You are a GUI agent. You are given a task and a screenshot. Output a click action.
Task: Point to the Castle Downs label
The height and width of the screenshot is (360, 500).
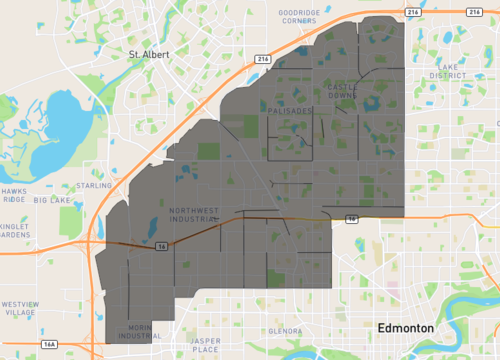pyautogui.click(x=342, y=91)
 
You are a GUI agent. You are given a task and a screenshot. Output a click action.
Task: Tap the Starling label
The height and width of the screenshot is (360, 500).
pyautogui.click(x=93, y=185)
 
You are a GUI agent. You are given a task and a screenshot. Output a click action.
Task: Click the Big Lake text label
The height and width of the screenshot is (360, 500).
pyautogui.click(x=53, y=200)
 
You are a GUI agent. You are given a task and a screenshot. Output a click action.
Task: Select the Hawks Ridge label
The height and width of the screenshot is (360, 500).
pyautogui.click(x=14, y=195)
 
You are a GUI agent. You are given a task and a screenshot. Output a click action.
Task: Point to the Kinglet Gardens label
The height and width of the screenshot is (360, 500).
pyautogui.click(x=16, y=231)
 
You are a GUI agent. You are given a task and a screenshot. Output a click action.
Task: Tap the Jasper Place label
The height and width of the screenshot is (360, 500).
pyautogui.click(x=205, y=346)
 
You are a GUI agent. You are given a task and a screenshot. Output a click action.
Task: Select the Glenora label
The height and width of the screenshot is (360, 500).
pyautogui.click(x=285, y=330)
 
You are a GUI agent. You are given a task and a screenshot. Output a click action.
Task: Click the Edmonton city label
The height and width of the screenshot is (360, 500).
pyautogui.click(x=404, y=328)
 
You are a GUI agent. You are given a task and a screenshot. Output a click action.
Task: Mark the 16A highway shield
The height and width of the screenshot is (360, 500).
pyautogui.click(x=49, y=344)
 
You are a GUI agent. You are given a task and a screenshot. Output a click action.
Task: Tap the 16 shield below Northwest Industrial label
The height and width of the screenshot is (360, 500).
pyautogui.click(x=161, y=250)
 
